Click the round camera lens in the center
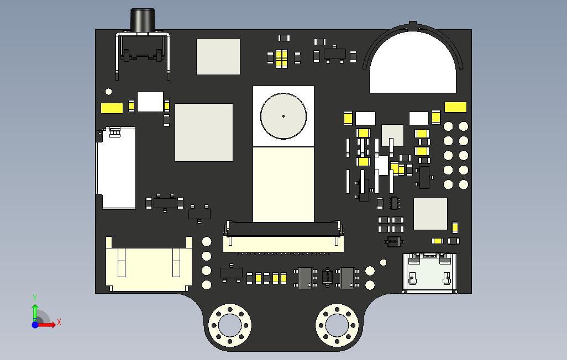click(x=283, y=116)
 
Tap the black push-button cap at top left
click(x=142, y=20)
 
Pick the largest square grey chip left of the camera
click(x=203, y=133)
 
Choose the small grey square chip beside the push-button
click(x=218, y=56)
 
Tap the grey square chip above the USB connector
click(x=431, y=214)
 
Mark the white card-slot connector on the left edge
click(x=117, y=168)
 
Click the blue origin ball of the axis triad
click(x=35, y=325)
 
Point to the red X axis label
click(x=59, y=322)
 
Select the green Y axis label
click(x=35, y=298)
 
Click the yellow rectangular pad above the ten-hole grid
click(x=455, y=107)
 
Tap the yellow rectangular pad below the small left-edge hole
click(x=112, y=108)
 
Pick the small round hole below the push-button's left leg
click(x=108, y=92)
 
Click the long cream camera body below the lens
click(x=283, y=184)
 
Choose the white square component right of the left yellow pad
click(x=150, y=102)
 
